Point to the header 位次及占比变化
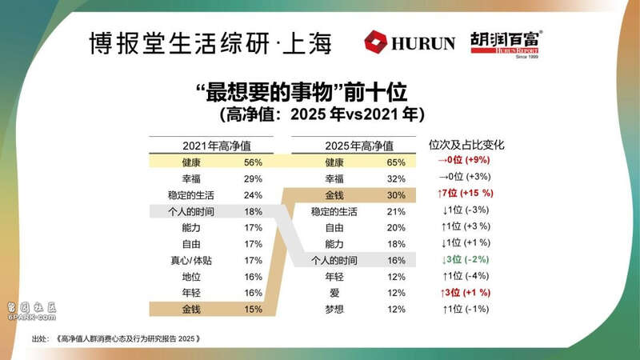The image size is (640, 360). point(466,146)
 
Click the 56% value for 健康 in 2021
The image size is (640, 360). point(253,162)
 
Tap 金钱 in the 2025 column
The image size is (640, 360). point(334,195)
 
